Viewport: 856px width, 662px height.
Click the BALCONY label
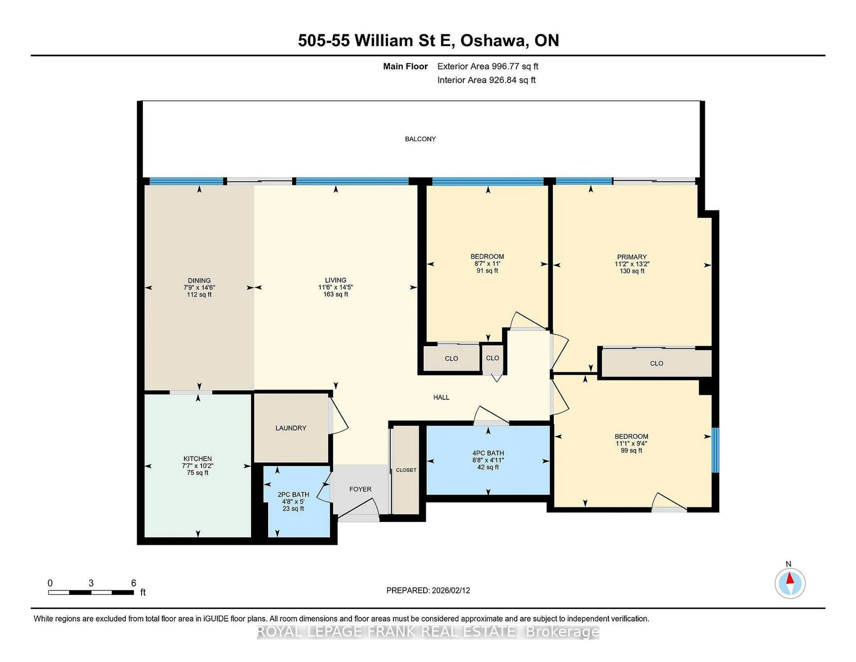tap(420, 139)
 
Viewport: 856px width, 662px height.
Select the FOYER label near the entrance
tap(360, 489)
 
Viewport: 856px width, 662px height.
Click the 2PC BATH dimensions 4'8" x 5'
tap(293, 502)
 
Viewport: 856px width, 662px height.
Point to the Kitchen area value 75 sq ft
tap(198, 473)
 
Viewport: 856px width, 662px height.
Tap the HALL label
tap(441, 397)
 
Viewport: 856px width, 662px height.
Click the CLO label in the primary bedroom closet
tap(656, 363)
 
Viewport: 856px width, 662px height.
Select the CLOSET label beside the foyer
tap(406, 470)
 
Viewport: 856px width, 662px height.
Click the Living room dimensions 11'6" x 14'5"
tap(335, 287)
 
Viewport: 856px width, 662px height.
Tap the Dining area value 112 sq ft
tap(199, 294)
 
